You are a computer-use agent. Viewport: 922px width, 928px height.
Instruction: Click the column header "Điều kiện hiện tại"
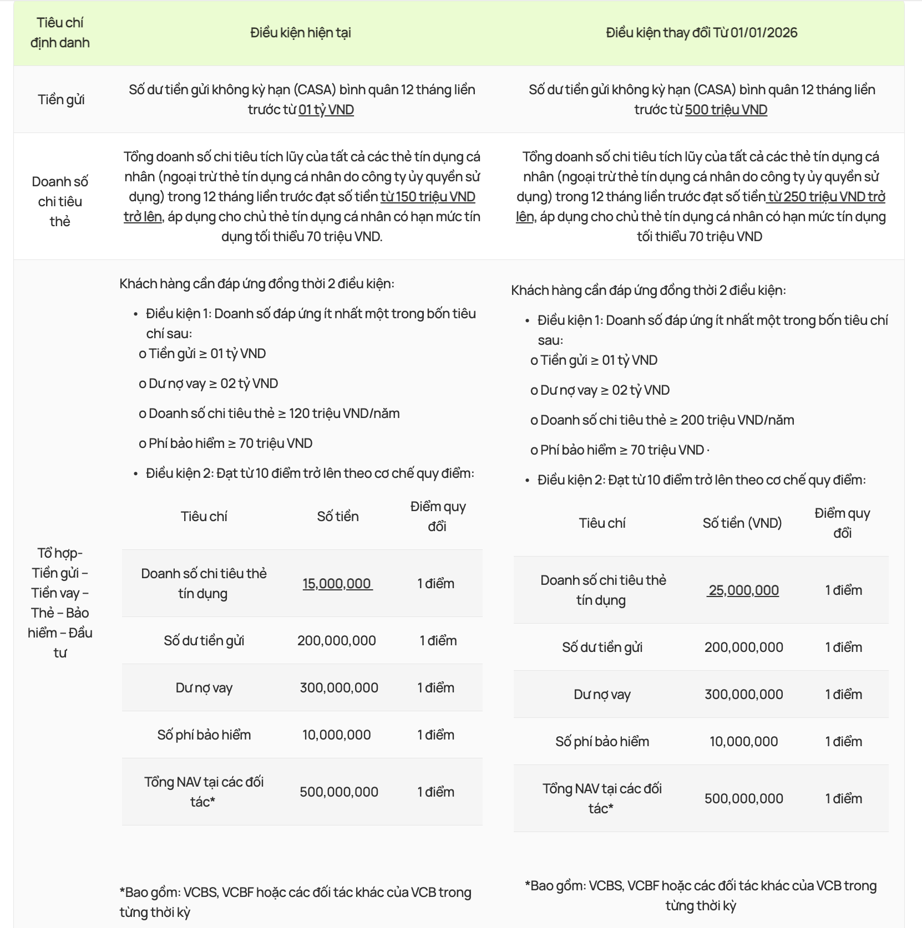pyautogui.click(x=300, y=33)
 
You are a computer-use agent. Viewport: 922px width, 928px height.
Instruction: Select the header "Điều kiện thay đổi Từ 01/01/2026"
pyautogui.click(x=701, y=33)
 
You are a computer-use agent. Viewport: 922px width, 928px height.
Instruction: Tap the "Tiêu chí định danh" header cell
pyautogui.click(x=60, y=33)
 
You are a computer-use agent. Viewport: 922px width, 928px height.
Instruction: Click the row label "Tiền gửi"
pyautogui.click(x=61, y=100)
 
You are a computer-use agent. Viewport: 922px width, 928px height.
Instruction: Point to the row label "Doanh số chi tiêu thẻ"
pyautogui.click(x=60, y=201)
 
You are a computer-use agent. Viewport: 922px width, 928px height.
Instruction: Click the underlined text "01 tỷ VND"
pyautogui.click(x=326, y=110)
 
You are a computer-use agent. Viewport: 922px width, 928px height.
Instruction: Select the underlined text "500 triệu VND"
pyautogui.click(x=726, y=110)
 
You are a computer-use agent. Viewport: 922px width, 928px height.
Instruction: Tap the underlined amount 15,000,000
pyautogui.click(x=337, y=584)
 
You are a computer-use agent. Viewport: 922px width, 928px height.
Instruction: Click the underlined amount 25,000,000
pyautogui.click(x=743, y=590)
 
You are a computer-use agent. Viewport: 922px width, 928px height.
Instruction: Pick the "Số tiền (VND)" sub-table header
pyautogui.click(x=742, y=523)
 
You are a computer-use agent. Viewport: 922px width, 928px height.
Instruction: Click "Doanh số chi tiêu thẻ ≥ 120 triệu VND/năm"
pyautogui.click(x=274, y=414)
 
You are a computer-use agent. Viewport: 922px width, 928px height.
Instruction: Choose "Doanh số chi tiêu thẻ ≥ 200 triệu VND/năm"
pyautogui.click(x=667, y=420)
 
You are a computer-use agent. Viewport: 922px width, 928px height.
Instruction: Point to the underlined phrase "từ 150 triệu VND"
pyautogui.click(x=428, y=197)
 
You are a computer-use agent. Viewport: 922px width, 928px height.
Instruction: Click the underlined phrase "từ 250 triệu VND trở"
pyautogui.click(x=826, y=197)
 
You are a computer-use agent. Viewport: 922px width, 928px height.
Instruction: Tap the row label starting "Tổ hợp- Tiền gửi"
pyautogui.click(x=60, y=603)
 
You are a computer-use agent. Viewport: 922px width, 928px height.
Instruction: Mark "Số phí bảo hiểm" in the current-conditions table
pyautogui.click(x=204, y=735)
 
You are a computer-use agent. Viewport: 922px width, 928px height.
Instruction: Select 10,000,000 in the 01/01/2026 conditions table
pyautogui.click(x=743, y=742)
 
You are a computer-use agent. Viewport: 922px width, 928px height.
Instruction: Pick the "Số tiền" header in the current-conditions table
pyautogui.click(x=337, y=517)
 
